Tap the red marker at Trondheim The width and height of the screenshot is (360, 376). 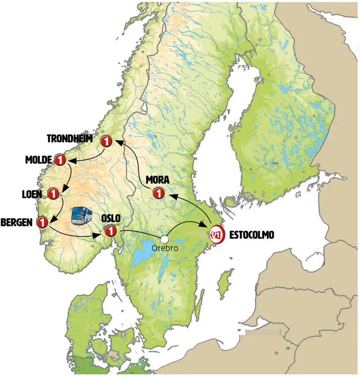pyautogui.click(x=106, y=141)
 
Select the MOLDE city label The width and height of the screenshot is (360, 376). pyautogui.click(x=38, y=160)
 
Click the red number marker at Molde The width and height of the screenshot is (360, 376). pyautogui.click(x=60, y=160)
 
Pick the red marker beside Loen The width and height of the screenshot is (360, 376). pyautogui.click(x=53, y=194)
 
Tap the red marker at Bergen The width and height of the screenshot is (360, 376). pyautogui.click(x=42, y=222)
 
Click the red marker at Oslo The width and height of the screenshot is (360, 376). pyautogui.click(x=110, y=231)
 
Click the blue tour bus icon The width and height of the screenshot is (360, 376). pyautogui.click(x=81, y=215)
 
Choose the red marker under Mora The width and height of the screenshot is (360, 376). pyautogui.click(x=159, y=194)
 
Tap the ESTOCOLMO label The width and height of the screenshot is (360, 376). pyautogui.click(x=252, y=235)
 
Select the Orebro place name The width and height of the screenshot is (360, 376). pyautogui.click(x=164, y=248)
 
